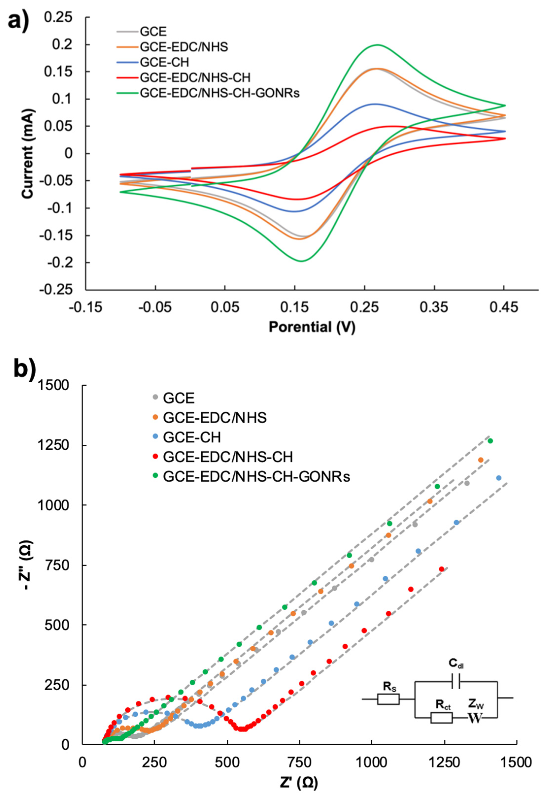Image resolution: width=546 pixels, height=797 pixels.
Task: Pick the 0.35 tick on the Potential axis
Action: click(x=434, y=307)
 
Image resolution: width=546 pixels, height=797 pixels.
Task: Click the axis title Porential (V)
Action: click(x=312, y=327)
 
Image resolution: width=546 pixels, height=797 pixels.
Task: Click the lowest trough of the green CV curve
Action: click(x=301, y=261)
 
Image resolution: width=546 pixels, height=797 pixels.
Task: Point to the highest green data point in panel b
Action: click(x=490, y=441)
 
